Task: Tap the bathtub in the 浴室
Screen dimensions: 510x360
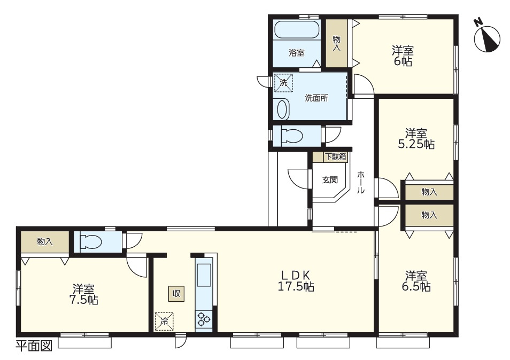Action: click(x=297, y=30)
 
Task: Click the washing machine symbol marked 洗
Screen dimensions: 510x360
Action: click(x=283, y=83)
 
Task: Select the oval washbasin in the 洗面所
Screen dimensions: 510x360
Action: click(x=283, y=109)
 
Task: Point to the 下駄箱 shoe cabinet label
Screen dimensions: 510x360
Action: click(x=335, y=157)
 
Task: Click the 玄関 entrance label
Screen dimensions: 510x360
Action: click(x=330, y=179)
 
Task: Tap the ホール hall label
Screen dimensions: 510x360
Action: click(x=361, y=182)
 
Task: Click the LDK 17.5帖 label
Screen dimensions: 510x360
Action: click(x=295, y=281)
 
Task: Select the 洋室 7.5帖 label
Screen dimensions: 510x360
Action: click(x=84, y=294)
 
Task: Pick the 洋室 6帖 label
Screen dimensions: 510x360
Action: click(x=403, y=56)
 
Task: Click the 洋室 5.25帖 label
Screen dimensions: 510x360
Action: click(x=416, y=139)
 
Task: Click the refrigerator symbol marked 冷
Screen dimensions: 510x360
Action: click(x=164, y=322)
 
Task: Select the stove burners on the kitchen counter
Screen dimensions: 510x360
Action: click(x=204, y=318)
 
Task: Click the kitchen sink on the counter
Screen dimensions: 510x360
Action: click(x=204, y=275)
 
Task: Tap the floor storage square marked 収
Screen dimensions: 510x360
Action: click(x=176, y=294)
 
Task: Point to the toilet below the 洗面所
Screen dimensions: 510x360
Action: click(x=291, y=136)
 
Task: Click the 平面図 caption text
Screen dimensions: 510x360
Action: click(x=34, y=346)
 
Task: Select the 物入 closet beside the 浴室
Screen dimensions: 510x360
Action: click(x=337, y=44)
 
